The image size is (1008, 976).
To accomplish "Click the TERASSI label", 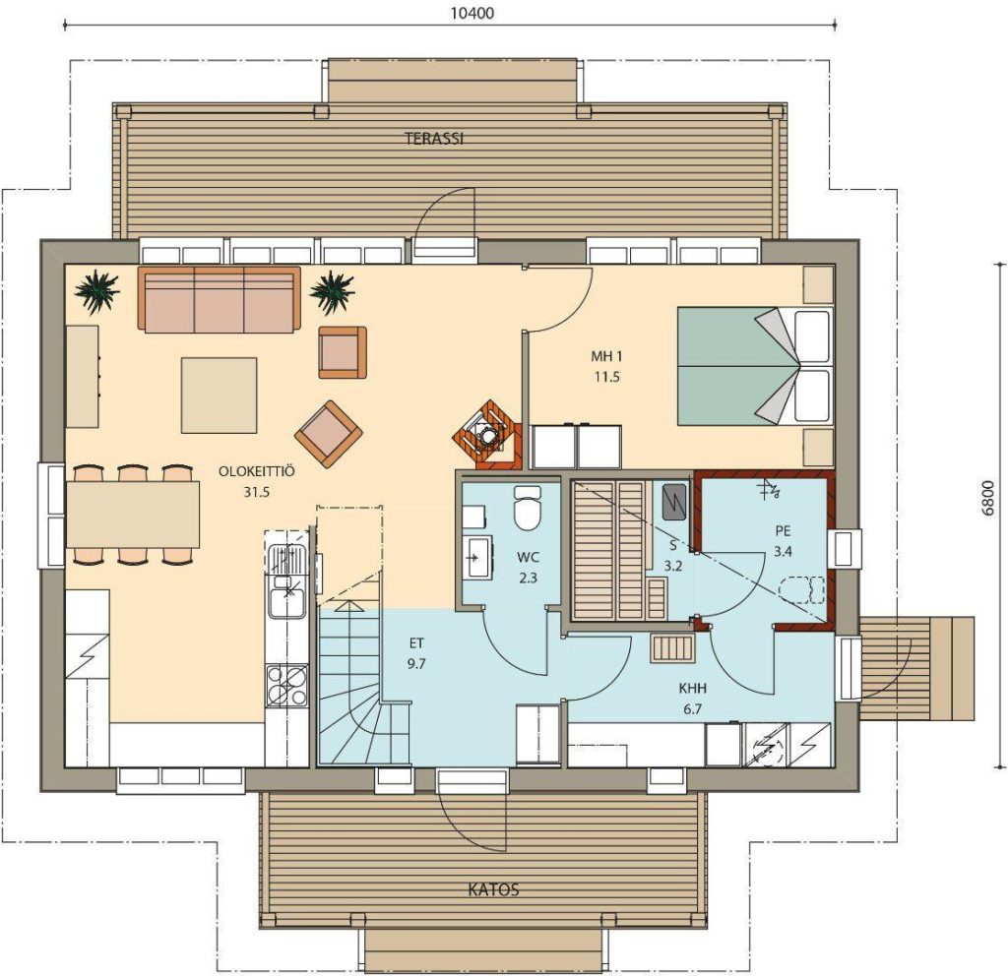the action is coord(434,138).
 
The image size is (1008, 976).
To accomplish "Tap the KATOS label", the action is coord(493,889).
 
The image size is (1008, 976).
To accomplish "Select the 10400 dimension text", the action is coord(472,13).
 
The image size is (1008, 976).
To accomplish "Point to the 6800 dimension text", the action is coord(988,497).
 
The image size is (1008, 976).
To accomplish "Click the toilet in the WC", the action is coord(528,508).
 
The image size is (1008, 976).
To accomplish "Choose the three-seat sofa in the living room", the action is coord(220,299).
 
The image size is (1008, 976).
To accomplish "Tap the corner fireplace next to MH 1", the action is coord(487,435).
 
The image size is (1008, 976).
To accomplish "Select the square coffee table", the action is coord(220,396).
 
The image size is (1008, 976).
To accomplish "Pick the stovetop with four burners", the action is coord(286,685).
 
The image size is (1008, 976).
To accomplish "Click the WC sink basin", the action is coord(477,557).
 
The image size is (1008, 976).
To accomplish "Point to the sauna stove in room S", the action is coord(673,501).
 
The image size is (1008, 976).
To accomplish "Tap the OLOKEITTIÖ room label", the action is coord(257,471).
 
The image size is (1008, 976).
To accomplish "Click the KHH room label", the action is coord(692,688).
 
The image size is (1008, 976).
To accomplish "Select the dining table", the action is coord(133,515).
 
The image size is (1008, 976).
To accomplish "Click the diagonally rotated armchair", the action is coord(329,434).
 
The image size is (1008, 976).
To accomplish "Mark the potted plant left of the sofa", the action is coord(97,292).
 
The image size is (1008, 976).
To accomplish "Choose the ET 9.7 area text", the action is coord(416,653).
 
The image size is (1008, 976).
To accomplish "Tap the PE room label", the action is coord(783,531).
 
